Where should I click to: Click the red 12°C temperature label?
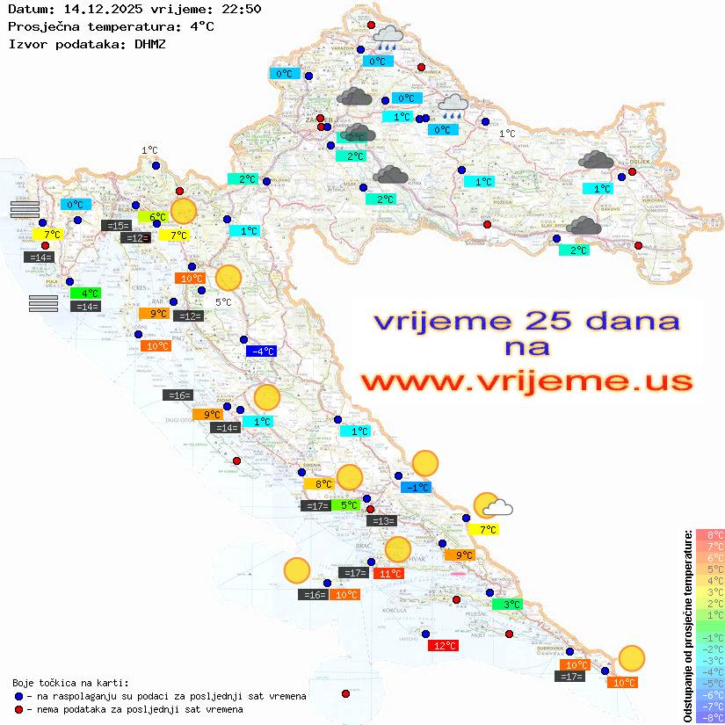pos(443,646)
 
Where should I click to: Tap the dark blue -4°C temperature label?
pos(261,352)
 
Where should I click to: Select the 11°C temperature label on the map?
pos(389,574)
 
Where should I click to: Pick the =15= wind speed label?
pos(117,226)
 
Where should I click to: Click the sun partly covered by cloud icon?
pos(492,505)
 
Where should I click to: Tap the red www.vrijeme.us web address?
pos(526,382)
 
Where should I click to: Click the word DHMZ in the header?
pos(149,43)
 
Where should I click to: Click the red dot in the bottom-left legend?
pos(19,709)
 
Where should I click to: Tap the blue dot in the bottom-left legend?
pos(19,696)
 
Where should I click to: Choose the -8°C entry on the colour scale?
pos(709,717)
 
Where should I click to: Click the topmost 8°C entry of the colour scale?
pos(709,534)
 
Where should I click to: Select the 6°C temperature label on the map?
pos(155,217)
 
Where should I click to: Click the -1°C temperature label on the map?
pos(416,488)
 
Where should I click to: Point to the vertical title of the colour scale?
pos(688,627)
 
